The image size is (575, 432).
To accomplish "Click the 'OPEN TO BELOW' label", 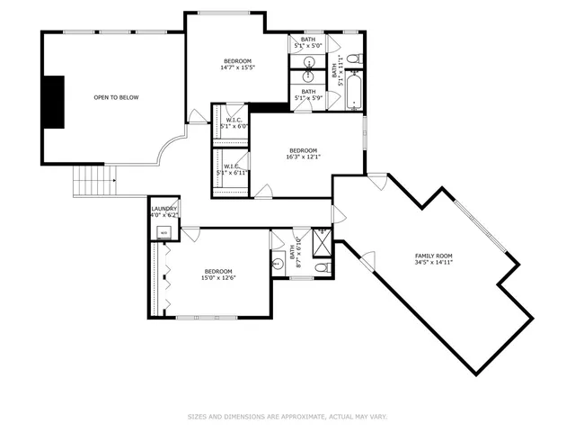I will (x=116, y=97).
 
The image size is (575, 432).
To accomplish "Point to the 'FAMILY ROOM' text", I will (x=432, y=256).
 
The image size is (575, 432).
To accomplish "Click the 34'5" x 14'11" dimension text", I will (x=432, y=263).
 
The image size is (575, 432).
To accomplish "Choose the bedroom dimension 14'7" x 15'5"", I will (x=237, y=67).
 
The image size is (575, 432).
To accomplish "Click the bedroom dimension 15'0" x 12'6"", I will (x=217, y=278).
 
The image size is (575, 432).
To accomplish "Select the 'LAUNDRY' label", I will (x=164, y=208).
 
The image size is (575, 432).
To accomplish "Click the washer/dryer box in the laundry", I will (x=164, y=232).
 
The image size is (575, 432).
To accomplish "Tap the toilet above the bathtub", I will (x=353, y=59).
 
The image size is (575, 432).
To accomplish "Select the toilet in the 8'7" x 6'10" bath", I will (x=323, y=268).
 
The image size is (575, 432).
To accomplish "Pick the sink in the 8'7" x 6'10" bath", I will (x=278, y=264).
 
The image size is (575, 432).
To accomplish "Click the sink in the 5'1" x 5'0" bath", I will (x=309, y=62).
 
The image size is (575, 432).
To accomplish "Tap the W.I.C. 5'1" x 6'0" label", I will (x=234, y=123).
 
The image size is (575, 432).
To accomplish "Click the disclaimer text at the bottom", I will (x=287, y=416).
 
